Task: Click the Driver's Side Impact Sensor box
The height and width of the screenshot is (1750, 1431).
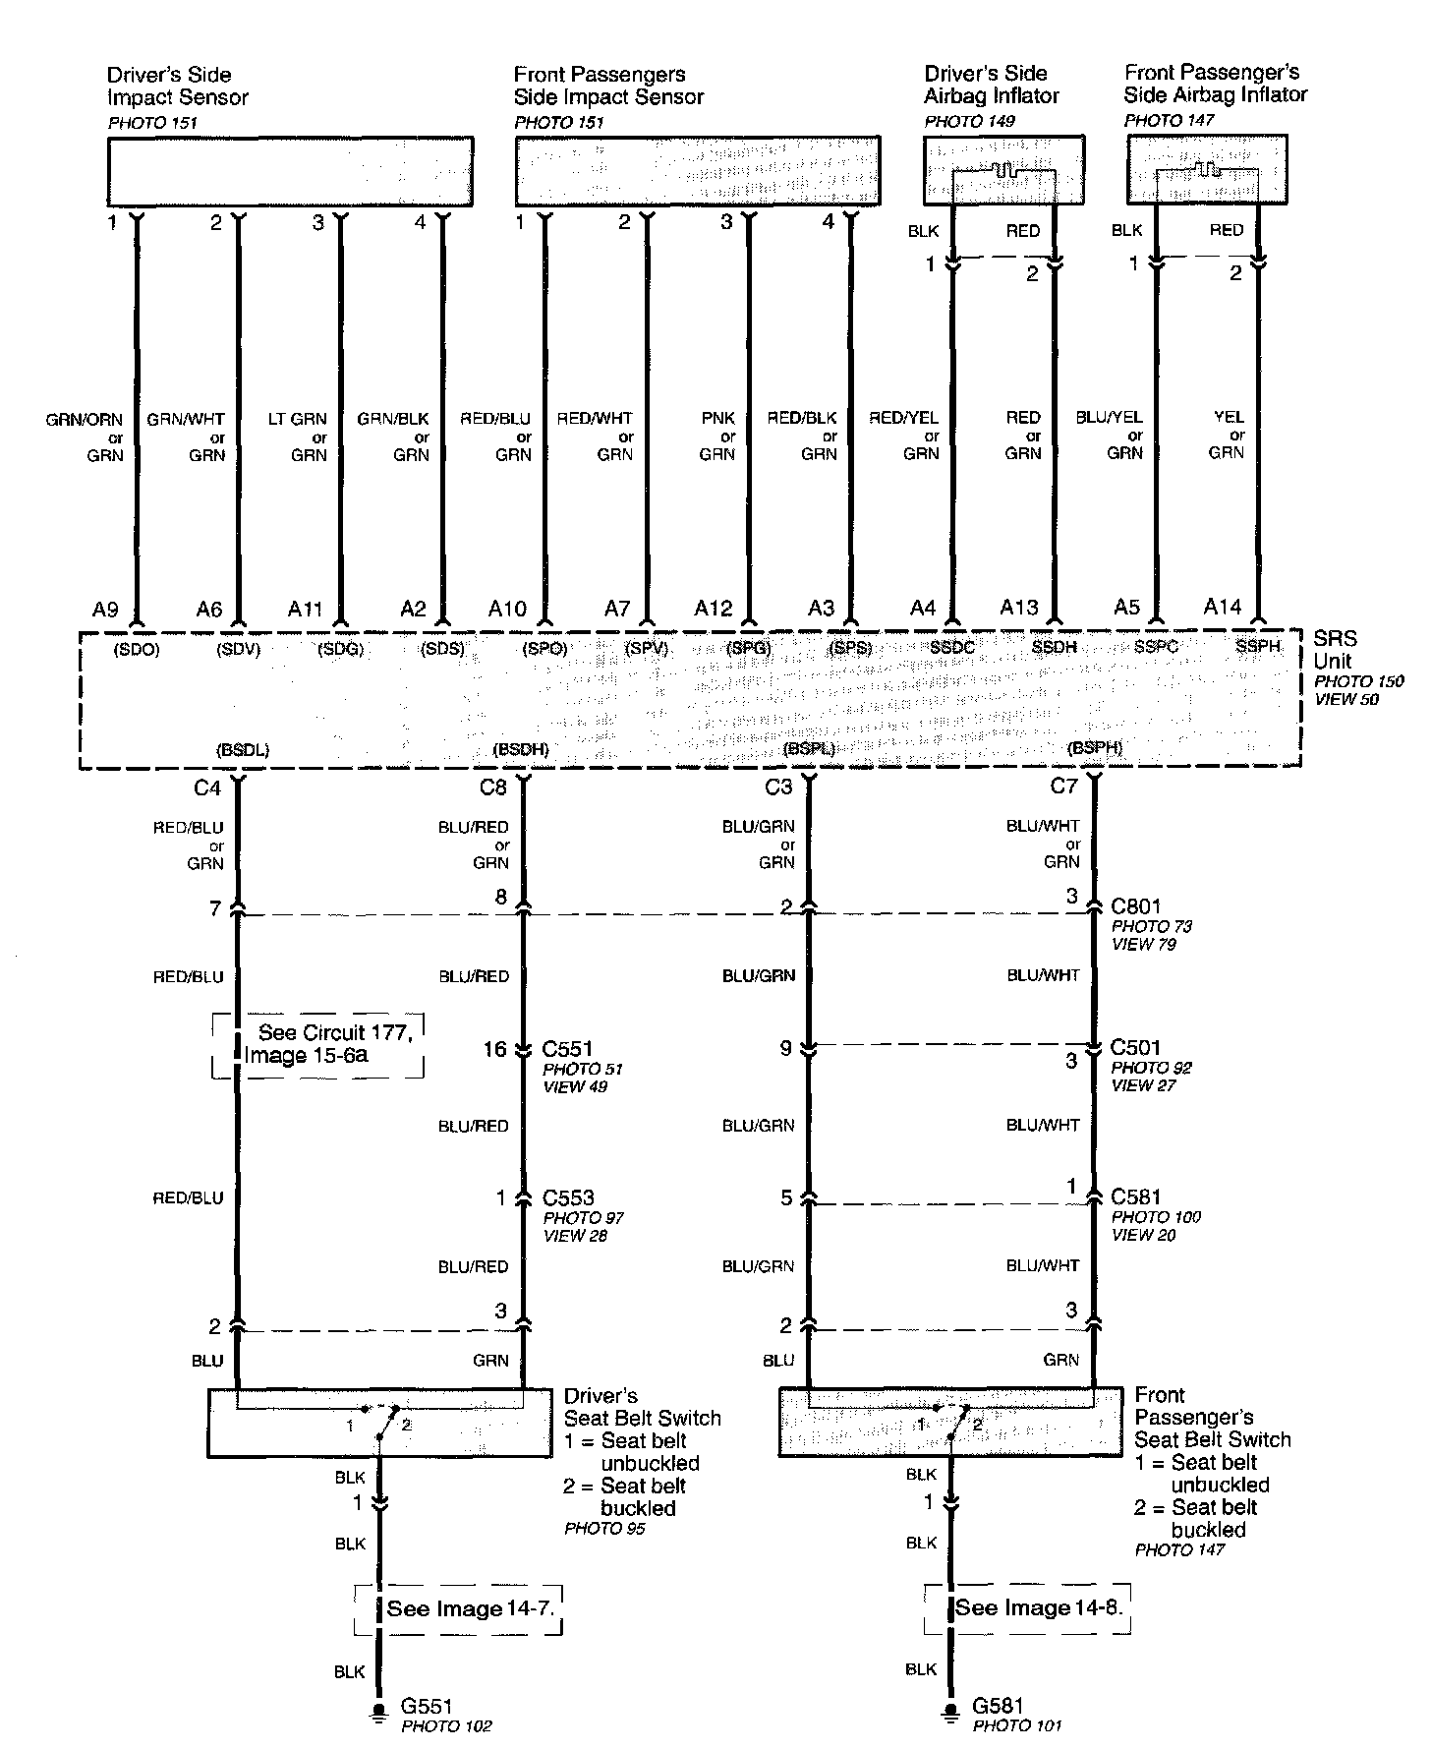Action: pos(290,171)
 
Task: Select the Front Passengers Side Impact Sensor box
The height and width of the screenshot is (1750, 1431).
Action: pos(698,171)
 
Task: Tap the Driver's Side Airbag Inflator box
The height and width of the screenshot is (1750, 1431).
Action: pos(1004,169)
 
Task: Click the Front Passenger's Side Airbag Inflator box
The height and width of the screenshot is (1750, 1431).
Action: pos(1207,168)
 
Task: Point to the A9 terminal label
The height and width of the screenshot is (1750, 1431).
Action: pos(105,610)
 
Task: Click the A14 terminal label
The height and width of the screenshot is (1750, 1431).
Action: pos(1223,608)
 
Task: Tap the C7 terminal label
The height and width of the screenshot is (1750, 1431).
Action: pos(1063,787)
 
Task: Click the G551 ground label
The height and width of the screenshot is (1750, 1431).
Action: pos(427,1707)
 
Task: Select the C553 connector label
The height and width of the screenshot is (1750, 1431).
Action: pos(568,1197)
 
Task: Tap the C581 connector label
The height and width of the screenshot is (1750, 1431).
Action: pos(1135,1196)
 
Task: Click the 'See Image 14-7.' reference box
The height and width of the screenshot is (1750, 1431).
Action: pos(458,1609)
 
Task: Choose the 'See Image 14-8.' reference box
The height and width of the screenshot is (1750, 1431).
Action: pos(1028,1607)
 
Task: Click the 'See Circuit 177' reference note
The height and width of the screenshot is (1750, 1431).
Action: pos(318,1044)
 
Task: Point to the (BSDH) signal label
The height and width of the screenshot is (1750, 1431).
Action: pos(521,749)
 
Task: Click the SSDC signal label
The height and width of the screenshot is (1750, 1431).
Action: pos(951,647)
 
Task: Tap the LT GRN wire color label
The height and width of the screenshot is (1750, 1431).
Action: pos(298,419)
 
